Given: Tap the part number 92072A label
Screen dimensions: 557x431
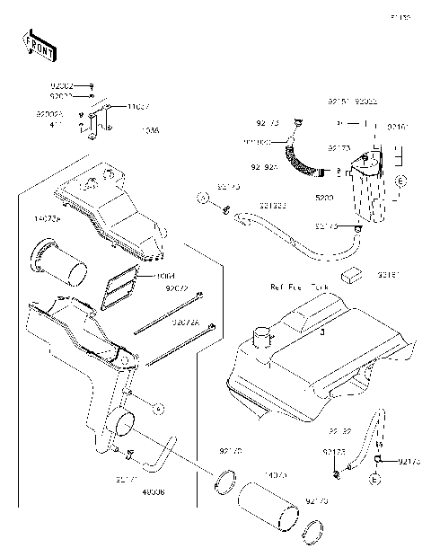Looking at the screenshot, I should point(185,322).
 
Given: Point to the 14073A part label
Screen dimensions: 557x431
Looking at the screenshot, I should point(47,218).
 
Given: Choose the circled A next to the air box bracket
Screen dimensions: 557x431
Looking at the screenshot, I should point(158,409).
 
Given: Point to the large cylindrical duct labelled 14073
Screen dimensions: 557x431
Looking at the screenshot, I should point(267,507).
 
